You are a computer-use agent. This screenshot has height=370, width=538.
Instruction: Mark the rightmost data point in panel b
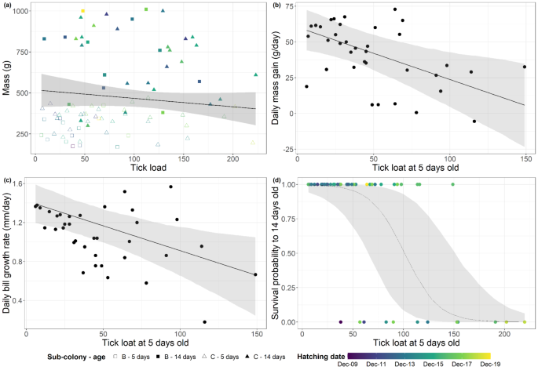525,67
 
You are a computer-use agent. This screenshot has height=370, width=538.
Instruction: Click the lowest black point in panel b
474,121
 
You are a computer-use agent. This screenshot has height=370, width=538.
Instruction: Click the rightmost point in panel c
255,274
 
